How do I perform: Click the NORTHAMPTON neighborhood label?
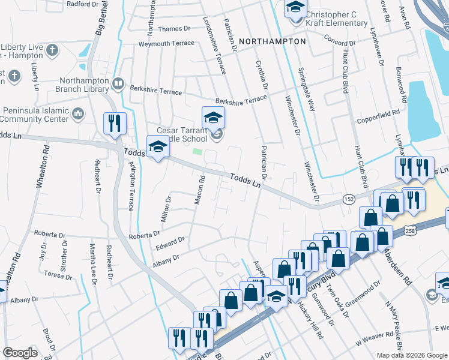pyautogui.click(x=273, y=41)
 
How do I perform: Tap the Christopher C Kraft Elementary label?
pyautogui.click(x=336, y=19)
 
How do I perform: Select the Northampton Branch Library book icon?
pyautogui.click(x=118, y=83)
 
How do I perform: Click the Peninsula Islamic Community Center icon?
pyautogui.click(x=78, y=113)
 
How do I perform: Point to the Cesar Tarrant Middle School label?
pyautogui.click(x=182, y=134)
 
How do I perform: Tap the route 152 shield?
pyautogui.click(x=348, y=199)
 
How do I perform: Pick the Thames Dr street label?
pyautogui.click(x=173, y=28)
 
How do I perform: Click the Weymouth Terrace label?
pyautogui.click(x=166, y=43)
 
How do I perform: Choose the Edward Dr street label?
pyautogui.click(x=170, y=244)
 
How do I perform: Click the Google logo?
pyautogui.click(x=19, y=353)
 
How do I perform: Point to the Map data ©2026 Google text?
pyautogui.click(x=411, y=355)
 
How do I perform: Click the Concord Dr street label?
pyautogui.click(x=340, y=42)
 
